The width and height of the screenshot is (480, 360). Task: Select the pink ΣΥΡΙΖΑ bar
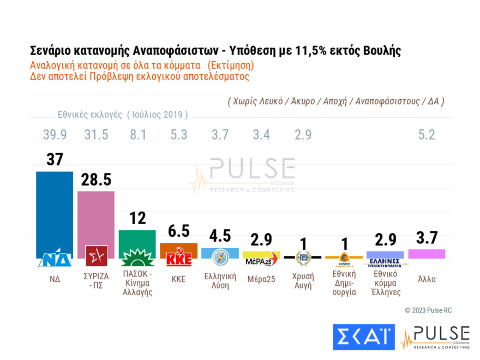click(x=96, y=218)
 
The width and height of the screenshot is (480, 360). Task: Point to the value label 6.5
click(x=178, y=231)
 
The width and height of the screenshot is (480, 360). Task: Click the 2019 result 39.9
click(x=55, y=135)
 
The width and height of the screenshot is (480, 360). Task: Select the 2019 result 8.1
click(x=137, y=135)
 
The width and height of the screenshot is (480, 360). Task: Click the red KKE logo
click(x=178, y=259)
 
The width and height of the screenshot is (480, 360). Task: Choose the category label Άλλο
click(x=427, y=279)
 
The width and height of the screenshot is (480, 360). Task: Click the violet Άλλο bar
click(x=427, y=254)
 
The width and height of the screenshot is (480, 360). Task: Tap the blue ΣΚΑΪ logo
click(x=363, y=337)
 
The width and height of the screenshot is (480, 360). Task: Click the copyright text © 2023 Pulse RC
click(x=428, y=310)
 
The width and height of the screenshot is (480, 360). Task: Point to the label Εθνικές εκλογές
click(x=91, y=115)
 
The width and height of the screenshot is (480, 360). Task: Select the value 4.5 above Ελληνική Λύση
click(x=220, y=236)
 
